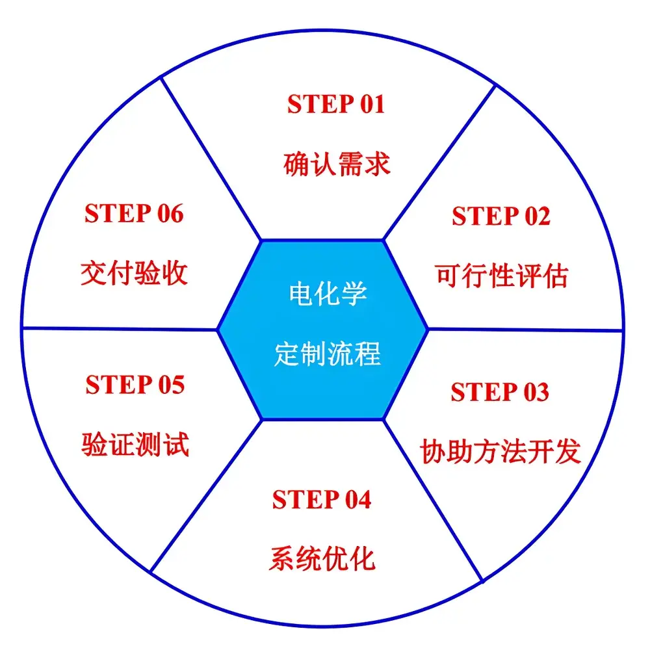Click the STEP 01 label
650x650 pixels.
[336, 104]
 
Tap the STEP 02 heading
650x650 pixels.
[500, 216]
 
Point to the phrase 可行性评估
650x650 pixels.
[501, 276]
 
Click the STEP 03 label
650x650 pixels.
[499, 392]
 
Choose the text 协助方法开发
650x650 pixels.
[500, 451]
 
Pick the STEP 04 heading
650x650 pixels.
[322, 499]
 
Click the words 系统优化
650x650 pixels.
[322, 558]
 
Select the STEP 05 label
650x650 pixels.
[135, 385]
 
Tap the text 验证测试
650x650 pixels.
[135, 445]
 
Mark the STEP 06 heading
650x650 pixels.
[134, 213]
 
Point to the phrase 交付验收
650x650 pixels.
[135, 273]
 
